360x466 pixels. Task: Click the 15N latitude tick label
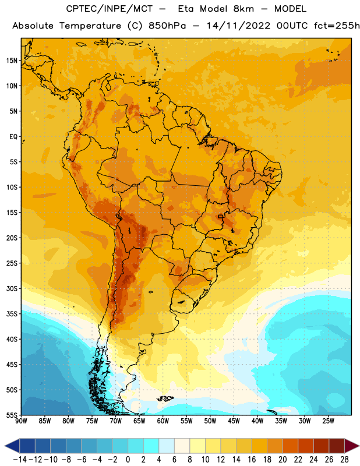pos(12,61)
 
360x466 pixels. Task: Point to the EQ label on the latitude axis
pos(13,137)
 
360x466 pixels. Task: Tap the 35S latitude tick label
pos(12,314)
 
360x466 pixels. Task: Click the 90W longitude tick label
pos(22,421)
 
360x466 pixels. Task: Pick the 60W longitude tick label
pos(163,421)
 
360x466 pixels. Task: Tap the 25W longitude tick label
pos(328,421)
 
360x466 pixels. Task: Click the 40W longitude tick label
pos(257,421)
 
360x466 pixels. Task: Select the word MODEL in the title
pos(290,9)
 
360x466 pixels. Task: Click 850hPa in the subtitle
pos(167,26)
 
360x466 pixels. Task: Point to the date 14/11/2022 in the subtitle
pos(238,26)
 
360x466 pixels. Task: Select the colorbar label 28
pos(344,460)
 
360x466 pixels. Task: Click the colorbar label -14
pos(20,460)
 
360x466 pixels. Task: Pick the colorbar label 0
pos(128,460)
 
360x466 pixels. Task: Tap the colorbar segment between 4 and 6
pos(167,446)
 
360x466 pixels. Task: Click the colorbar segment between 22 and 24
pos(306,446)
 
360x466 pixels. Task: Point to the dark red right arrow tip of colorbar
pos(359,446)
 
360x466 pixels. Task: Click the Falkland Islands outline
pos(165,398)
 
